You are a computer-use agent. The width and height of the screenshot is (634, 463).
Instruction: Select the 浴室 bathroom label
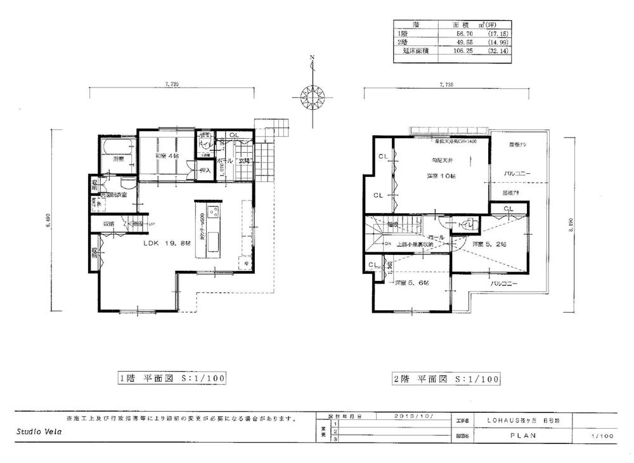tap(117, 159)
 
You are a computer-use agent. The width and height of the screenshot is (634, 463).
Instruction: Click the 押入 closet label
tap(205, 171)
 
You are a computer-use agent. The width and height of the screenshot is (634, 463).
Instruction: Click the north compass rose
tap(311, 96)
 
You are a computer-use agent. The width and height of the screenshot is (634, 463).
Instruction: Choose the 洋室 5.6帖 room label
tap(410, 283)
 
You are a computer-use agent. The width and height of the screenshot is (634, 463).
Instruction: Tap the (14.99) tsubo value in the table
tap(497, 42)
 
